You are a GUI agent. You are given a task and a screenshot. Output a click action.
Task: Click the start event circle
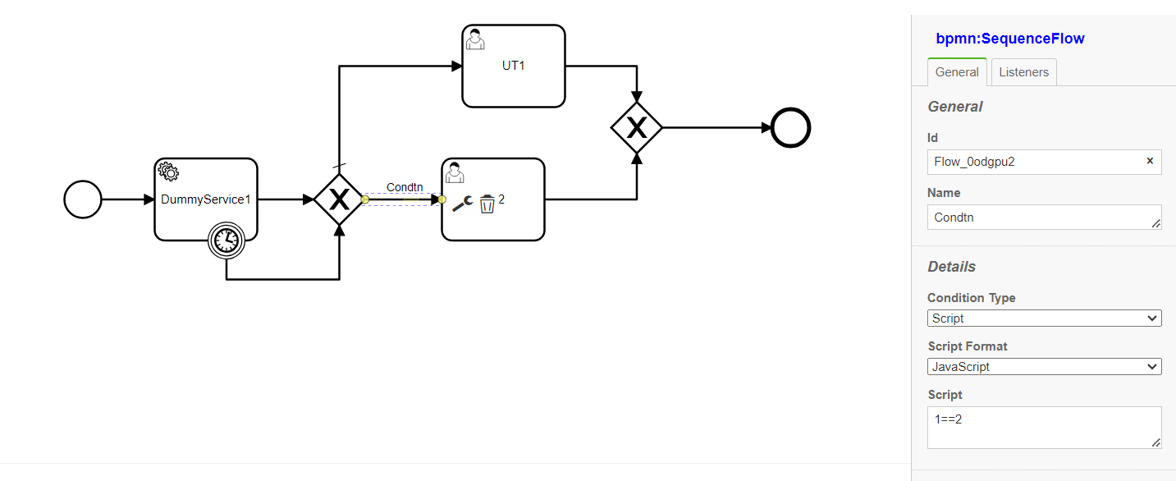coord(83,199)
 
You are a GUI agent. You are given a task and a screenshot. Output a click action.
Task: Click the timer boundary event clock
coord(227,240)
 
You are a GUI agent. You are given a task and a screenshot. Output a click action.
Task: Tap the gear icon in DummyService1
coord(168,172)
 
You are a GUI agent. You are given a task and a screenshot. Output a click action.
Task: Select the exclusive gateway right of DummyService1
coord(339,199)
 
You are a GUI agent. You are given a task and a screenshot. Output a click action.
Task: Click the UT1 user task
coord(514,66)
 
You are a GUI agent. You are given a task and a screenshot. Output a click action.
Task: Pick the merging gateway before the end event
coord(637,127)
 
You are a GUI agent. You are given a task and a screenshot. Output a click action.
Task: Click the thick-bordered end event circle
coord(790,128)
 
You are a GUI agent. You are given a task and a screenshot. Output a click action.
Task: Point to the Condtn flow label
coord(405,188)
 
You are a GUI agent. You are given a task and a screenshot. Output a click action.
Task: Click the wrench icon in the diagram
coord(462,204)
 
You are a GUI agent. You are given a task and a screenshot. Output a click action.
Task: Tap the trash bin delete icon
coord(487,204)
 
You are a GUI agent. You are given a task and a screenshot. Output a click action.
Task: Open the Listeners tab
coord(1023,72)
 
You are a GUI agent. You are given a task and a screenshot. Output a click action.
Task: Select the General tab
coord(957,72)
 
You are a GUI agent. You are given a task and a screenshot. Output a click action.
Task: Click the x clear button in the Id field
coord(1150,161)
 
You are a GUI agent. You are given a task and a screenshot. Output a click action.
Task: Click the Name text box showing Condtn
coord(1044,218)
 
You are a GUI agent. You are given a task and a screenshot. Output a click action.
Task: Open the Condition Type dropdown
coord(1044,318)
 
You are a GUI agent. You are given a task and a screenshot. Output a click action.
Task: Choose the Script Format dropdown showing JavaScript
coord(1044,367)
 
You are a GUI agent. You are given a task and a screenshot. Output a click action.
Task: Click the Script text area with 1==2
coord(1044,428)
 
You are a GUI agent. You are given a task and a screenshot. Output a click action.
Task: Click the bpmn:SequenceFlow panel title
coord(1010,39)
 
